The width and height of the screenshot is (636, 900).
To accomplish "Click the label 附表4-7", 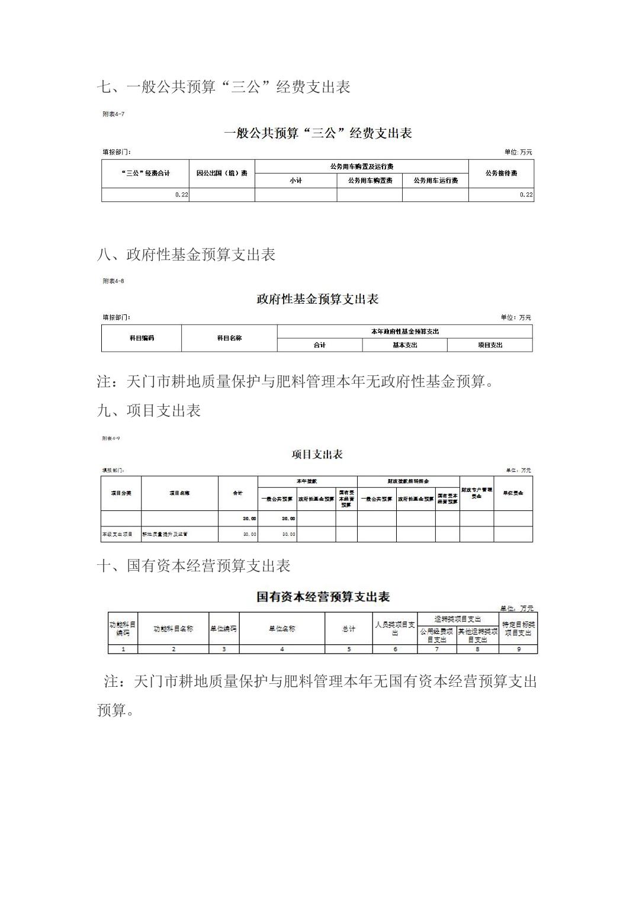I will click(113, 114).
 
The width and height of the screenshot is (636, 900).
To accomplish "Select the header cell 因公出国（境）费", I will click(221, 173).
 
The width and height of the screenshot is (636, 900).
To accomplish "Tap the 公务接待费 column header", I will click(501, 173).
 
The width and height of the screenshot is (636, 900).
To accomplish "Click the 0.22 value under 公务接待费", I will click(526, 195).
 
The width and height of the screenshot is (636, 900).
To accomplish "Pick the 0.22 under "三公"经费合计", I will click(181, 195).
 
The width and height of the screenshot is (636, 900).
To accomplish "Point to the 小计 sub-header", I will click(295, 180).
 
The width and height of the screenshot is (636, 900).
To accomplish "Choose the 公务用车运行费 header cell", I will click(435, 180).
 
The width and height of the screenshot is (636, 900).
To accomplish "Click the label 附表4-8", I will click(113, 281).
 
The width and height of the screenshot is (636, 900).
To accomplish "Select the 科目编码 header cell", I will click(142, 338).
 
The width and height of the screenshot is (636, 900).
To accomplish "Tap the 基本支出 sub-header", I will click(404, 345).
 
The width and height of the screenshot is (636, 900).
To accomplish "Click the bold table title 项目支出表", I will click(317, 455).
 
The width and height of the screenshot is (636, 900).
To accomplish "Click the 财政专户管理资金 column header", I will click(476, 493).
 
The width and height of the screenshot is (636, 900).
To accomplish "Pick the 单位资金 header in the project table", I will click(513, 493).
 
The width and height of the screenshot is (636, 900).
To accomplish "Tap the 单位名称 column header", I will click(282, 628).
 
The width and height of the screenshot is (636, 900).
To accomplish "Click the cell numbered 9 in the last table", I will click(518, 649).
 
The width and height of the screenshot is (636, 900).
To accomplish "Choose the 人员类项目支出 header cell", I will click(395, 628).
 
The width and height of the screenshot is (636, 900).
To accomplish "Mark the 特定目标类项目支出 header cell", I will click(518, 628).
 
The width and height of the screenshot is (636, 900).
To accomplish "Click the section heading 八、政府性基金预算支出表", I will click(186, 255).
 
